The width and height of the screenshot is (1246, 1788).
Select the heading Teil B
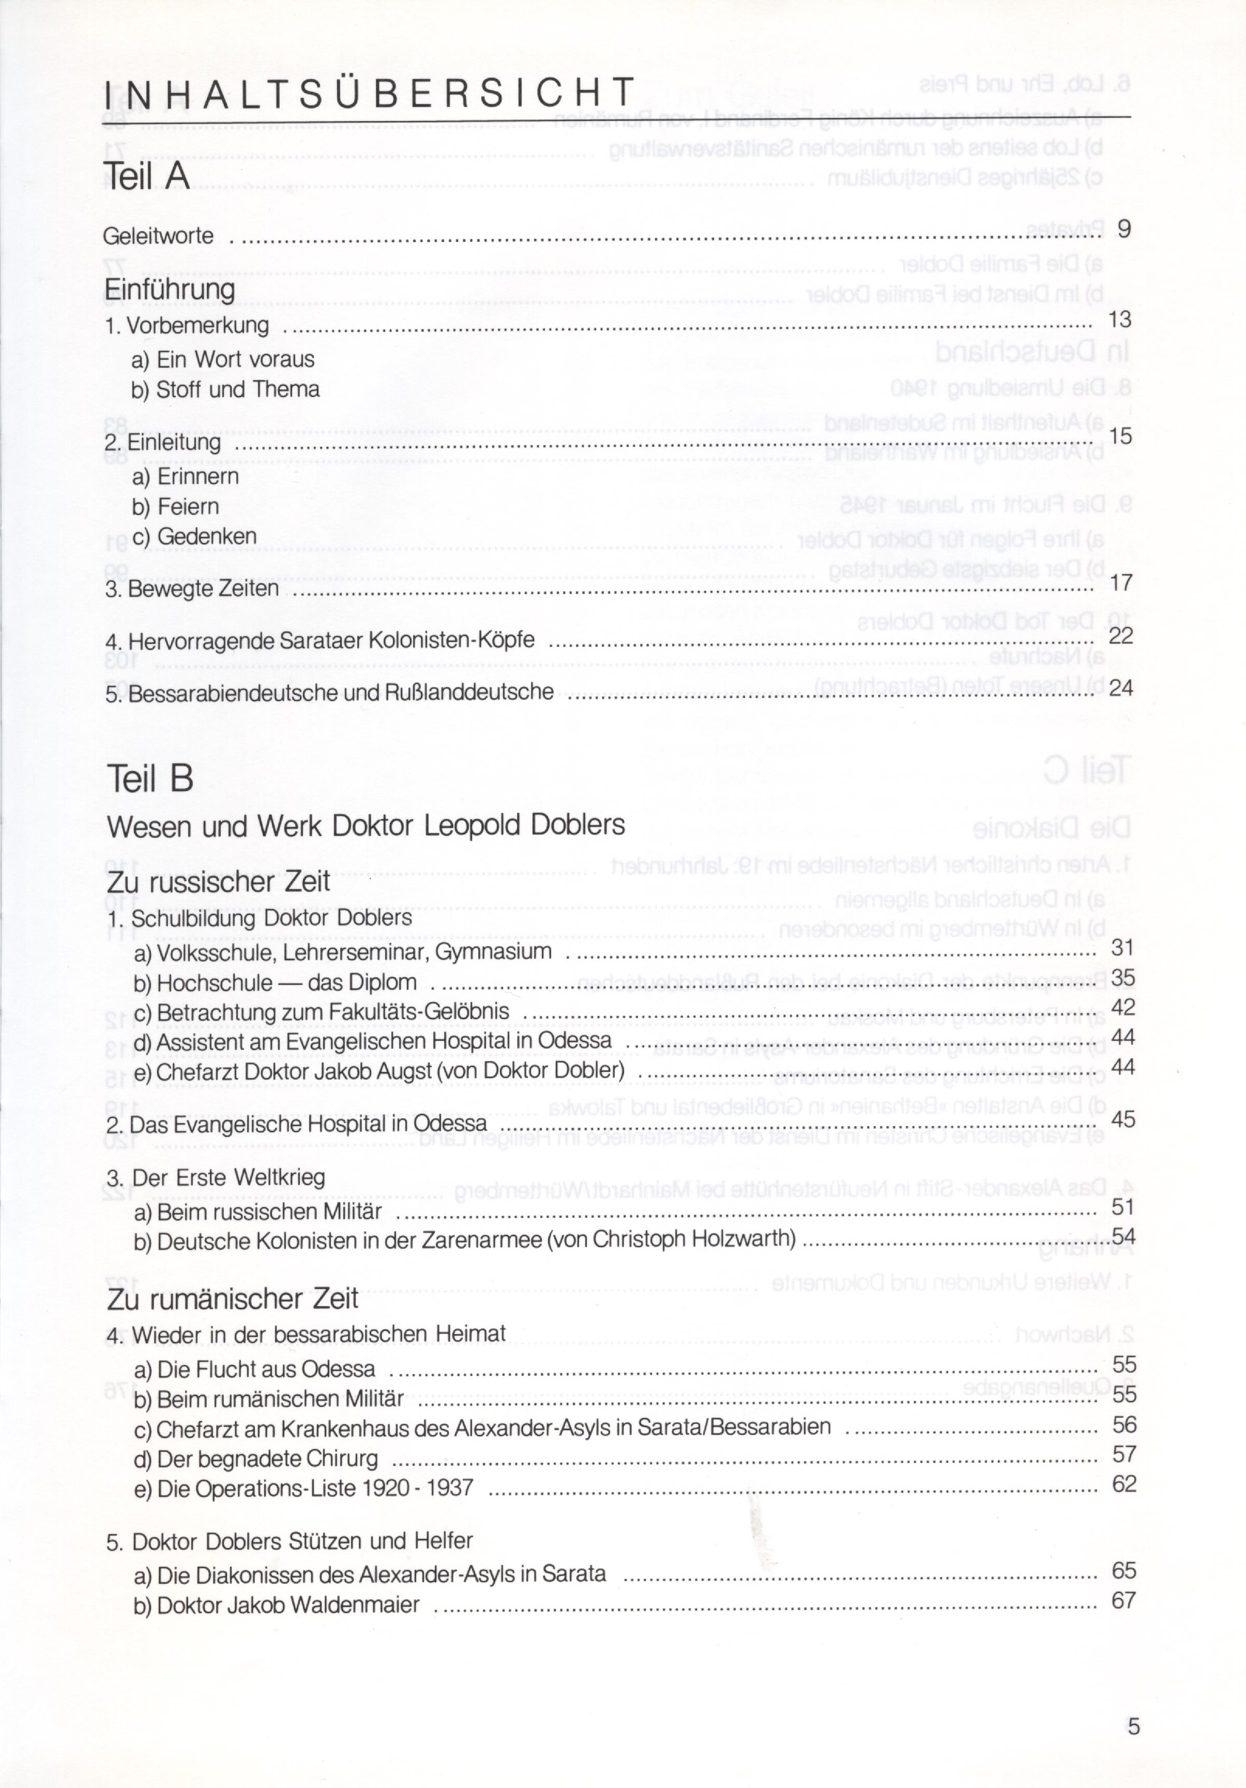pyautogui.click(x=149, y=778)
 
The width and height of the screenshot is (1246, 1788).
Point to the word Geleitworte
pyautogui.click(x=158, y=235)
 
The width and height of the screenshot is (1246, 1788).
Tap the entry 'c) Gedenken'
pyautogui.click(x=195, y=537)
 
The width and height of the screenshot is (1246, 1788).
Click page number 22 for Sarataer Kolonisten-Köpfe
pyautogui.click(x=1120, y=635)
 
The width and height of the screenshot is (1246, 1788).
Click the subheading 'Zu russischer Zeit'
pyautogui.click(x=218, y=882)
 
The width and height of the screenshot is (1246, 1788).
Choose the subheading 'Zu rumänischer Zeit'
pyautogui.click(x=232, y=1299)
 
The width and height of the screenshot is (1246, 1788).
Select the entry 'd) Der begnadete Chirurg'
pyautogui.click(x=256, y=1459)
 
